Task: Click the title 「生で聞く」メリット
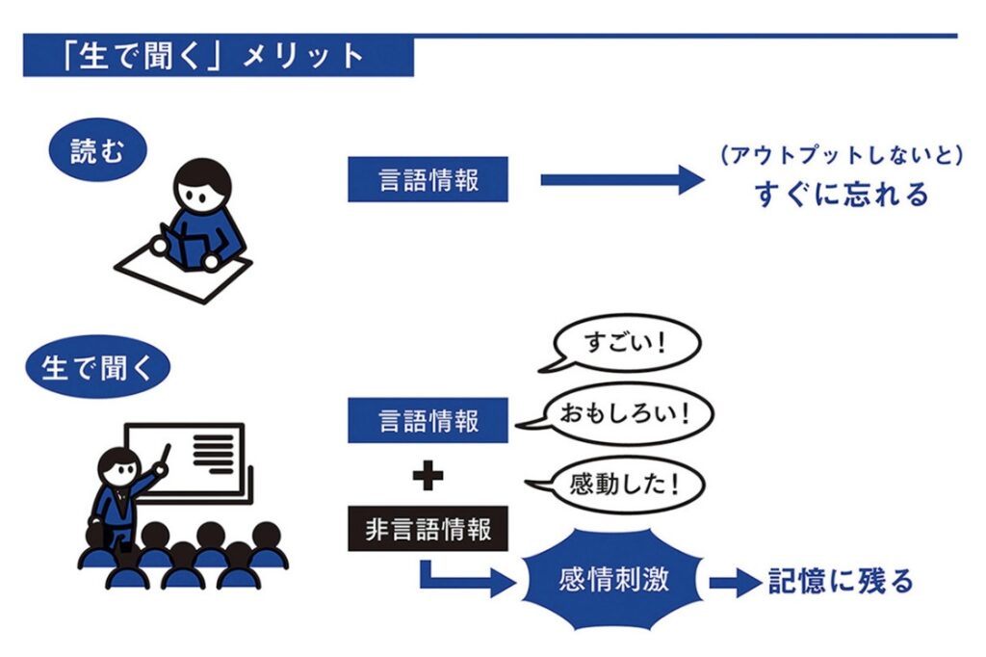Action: [212, 56]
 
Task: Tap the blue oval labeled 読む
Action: [97, 152]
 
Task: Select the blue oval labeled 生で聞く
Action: [97, 367]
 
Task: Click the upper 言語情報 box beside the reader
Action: [428, 179]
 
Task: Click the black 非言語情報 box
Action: [428, 530]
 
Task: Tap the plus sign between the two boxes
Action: [428, 477]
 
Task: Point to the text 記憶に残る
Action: [840, 581]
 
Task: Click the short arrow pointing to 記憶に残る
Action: [735, 582]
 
